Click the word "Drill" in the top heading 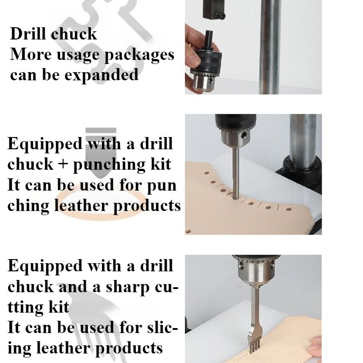28,34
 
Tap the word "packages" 139,55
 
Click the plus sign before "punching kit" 63,164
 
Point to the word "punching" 109,165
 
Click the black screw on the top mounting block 222,16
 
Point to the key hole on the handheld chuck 210,81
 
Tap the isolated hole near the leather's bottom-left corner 188,231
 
